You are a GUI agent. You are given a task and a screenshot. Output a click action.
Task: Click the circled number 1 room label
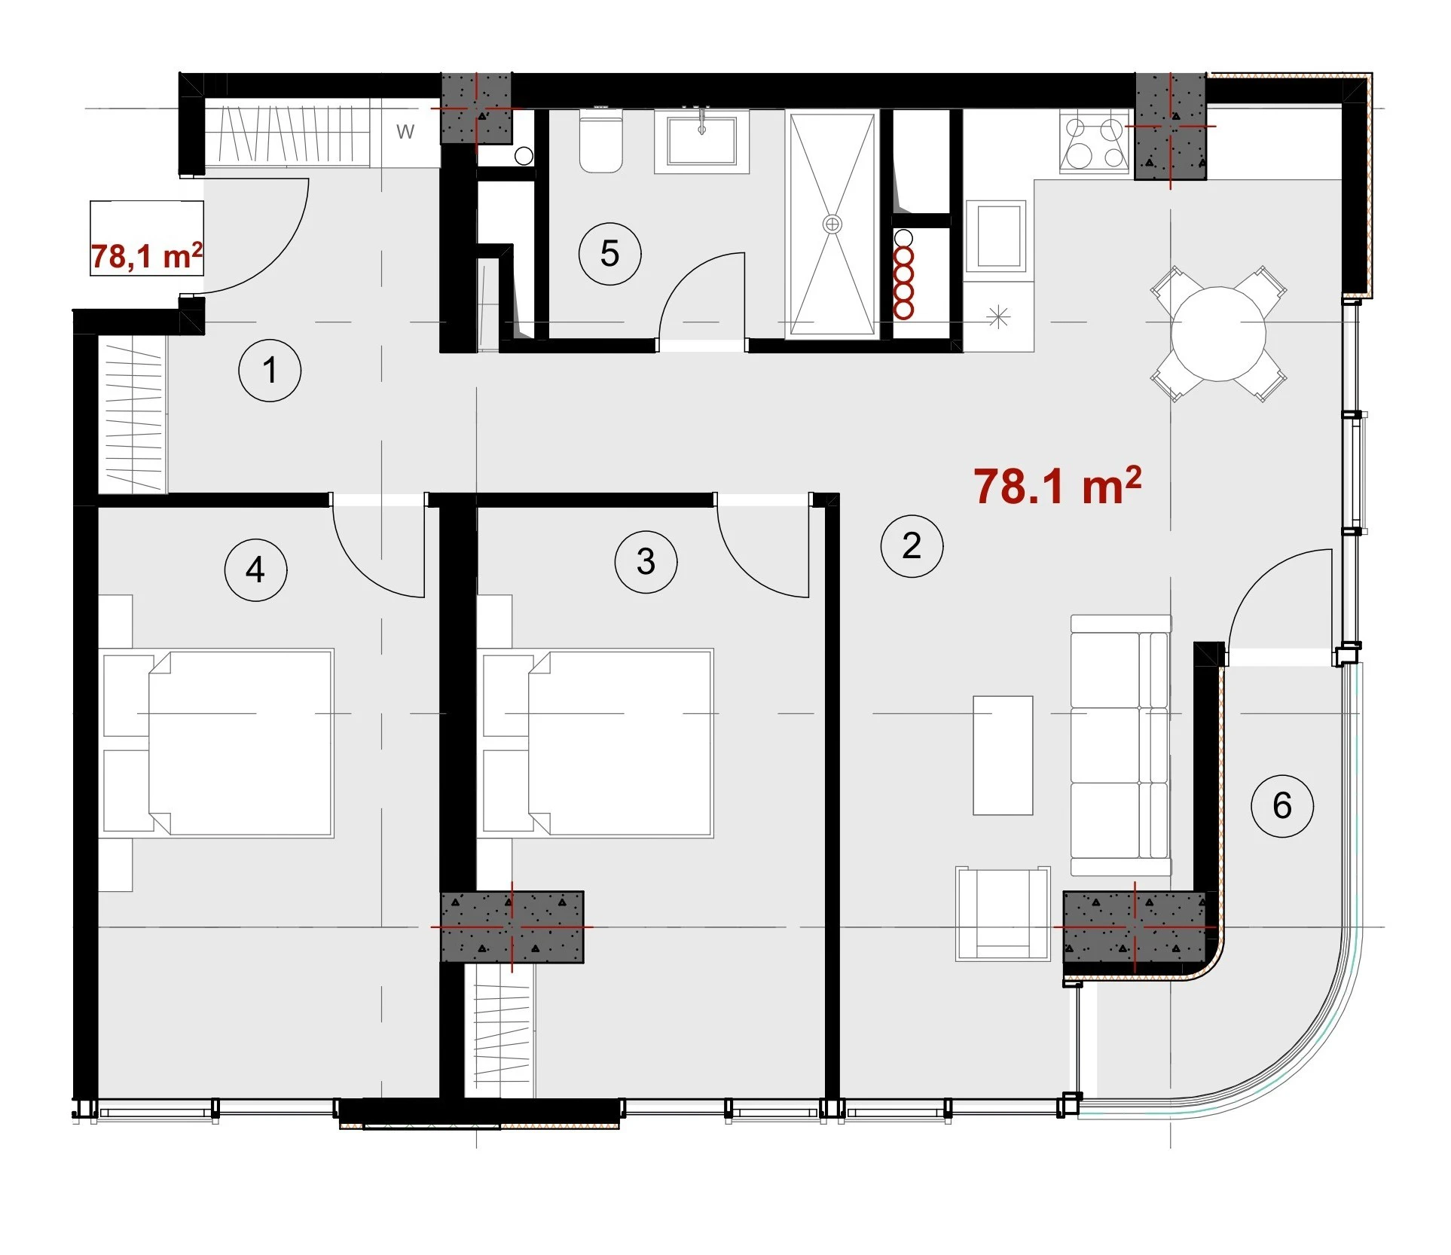[270, 371]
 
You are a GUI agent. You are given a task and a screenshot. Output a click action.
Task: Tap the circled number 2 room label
[912, 546]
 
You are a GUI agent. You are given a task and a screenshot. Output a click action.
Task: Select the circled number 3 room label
[646, 562]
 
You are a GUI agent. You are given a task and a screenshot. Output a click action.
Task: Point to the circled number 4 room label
[255, 570]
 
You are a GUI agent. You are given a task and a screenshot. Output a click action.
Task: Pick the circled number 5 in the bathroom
[609, 254]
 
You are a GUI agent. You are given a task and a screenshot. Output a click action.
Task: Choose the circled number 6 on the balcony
[1281, 806]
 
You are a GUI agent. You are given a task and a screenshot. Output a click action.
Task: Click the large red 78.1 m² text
[1057, 485]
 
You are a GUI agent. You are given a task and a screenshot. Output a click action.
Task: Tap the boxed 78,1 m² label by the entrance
[147, 255]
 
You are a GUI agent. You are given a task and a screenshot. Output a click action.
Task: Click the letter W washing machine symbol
[405, 132]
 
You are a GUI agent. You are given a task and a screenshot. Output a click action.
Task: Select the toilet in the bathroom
[600, 141]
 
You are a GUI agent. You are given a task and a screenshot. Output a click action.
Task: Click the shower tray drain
[832, 224]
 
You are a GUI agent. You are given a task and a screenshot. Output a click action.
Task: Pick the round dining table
[1217, 334]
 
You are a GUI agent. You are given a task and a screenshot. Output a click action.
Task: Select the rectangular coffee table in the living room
[1003, 756]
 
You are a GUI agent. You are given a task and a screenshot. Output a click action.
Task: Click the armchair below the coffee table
[1003, 914]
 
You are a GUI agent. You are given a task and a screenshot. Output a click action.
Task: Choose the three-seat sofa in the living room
[1121, 745]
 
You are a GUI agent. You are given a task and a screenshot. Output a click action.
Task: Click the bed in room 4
[218, 743]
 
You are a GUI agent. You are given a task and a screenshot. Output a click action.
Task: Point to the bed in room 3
[597, 743]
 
